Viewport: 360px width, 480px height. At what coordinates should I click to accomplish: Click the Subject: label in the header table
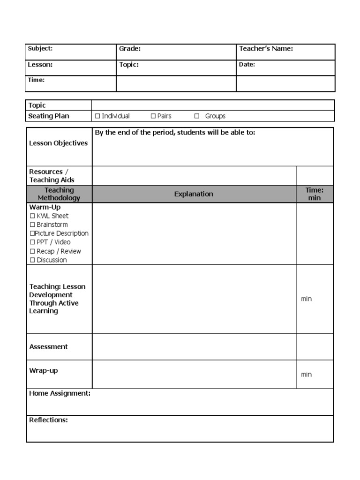click(40, 48)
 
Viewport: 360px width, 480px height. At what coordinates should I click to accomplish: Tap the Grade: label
click(130, 49)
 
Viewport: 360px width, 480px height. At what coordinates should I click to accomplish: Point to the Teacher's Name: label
click(266, 49)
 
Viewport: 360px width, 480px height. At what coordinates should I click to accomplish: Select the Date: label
click(247, 65)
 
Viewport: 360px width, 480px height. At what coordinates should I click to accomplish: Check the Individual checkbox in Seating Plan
click(97, 116)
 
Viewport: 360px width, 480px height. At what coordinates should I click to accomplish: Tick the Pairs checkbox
click(153, 116)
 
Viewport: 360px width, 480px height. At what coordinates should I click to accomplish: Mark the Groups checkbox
click(197, 116)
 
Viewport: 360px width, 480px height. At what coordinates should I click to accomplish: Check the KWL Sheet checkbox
click(32, 216)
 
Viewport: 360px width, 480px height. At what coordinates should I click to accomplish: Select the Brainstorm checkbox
click(32, 225)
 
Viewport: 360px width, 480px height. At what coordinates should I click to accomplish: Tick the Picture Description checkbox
click(32, 233)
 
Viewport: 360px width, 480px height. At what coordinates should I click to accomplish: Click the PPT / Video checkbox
click(32, 242)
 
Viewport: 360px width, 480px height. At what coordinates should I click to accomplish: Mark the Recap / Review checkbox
click(32, 251)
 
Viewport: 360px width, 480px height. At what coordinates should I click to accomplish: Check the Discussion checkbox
click(32, 260)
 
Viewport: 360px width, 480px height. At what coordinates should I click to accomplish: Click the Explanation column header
click(194, 194)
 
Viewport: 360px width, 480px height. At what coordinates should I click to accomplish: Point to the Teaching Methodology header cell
click(59, 194)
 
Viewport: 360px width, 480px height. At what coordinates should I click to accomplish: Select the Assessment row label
click(48, 347)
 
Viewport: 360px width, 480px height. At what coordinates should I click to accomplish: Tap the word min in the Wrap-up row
click(306, 375)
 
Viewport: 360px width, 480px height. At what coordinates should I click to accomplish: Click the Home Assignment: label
click(60, 394)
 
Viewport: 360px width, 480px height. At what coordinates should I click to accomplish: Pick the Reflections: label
click(48, 420)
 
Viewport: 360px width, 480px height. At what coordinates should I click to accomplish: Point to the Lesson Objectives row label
click(58, 143)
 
